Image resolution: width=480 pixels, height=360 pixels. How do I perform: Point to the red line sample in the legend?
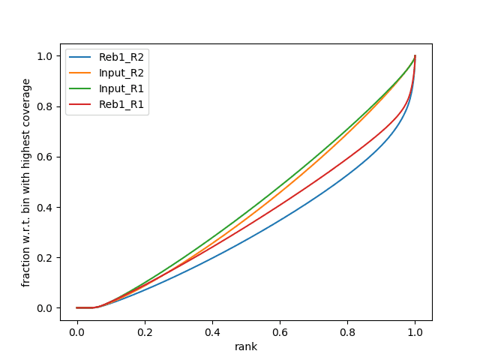(x=82, y=105)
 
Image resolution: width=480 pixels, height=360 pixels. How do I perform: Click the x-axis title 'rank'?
(x=246, y=347)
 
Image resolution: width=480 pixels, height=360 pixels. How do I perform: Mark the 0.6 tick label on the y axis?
(x=45, y=157)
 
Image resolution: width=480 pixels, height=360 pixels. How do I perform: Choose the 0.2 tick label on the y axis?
(x=45, y=257)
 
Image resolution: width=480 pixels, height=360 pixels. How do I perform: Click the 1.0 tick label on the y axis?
(x=45, y=56)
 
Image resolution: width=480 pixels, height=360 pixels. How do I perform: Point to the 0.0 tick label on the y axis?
(x=45, y=307)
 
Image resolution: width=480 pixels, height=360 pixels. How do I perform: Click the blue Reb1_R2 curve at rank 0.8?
(x=347, y=176)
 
